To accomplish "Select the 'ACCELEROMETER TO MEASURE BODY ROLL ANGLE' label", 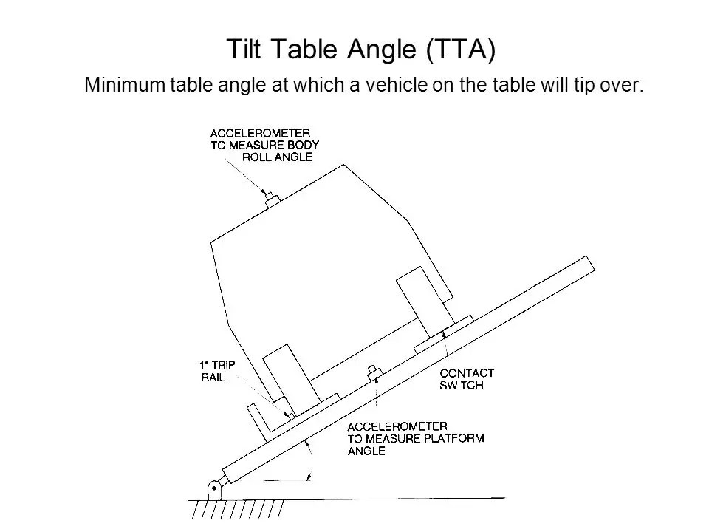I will (x=264, y=145).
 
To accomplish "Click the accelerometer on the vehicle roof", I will (x=271, y=197).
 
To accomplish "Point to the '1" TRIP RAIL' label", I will (x=216, y=371).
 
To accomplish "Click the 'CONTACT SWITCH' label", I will (x=467, y=379).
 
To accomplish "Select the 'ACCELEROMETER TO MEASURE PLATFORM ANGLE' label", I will (x=415, y=438).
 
